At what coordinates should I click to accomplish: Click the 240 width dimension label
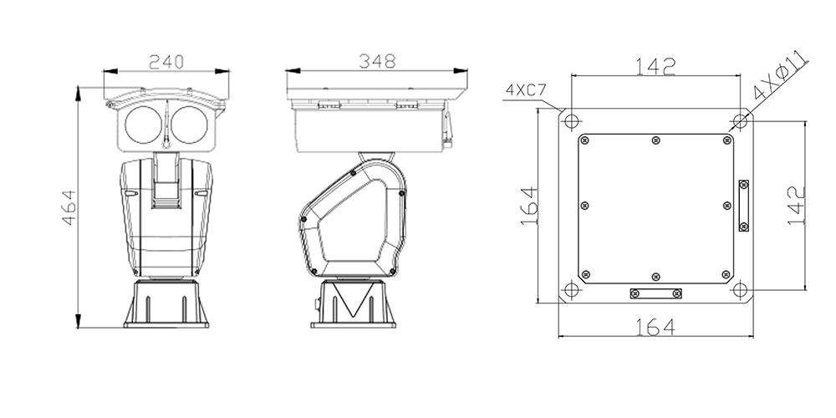pos(167,61)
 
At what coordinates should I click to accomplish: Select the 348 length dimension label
pos(377,61)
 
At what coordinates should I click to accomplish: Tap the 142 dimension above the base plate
pos(655,68)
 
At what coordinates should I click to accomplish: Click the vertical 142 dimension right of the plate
pos(795,204)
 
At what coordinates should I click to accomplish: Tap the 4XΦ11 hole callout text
pos(778,74)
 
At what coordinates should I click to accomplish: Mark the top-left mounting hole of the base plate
pos(571,120)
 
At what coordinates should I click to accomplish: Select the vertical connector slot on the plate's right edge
pos(743,205)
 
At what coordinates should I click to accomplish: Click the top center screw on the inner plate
pos(655,140)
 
